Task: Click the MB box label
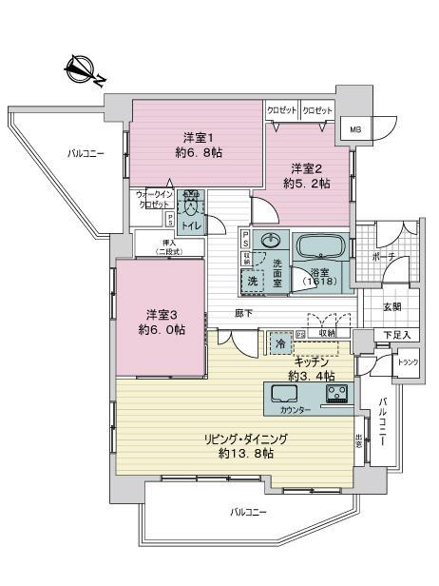pyautogui.click(x=354, y=130)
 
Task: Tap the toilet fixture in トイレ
pyautogui.click(x=192, y=204)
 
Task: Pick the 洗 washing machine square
pyautogui.click(x=253, y=281)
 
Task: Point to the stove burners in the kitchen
pyautogui.click(x=337, y=394)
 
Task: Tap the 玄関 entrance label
pyautogui.click(x=391, y=306)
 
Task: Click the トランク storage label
pyautogui.click(x=407, y=362)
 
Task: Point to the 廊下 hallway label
pyautogui.click(x=243, y=313)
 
